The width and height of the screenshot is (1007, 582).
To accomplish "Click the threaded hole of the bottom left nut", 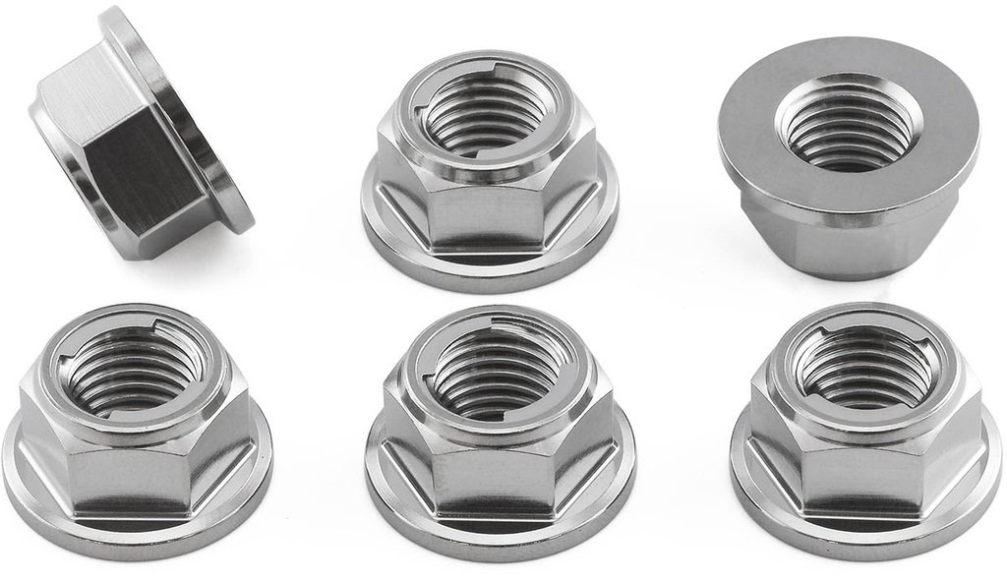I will [x=128, y=369].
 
